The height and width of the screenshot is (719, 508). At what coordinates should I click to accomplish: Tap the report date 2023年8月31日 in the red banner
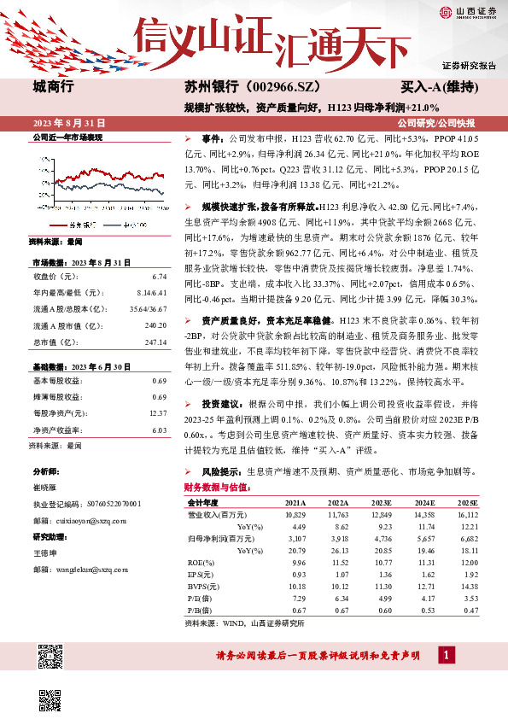click(67, 122)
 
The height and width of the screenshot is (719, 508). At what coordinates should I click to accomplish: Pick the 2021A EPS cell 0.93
click(297, 576)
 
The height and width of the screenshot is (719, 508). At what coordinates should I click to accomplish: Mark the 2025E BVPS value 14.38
click(465, 587)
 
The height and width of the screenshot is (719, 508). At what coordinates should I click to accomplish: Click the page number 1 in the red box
click(447, 655)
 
